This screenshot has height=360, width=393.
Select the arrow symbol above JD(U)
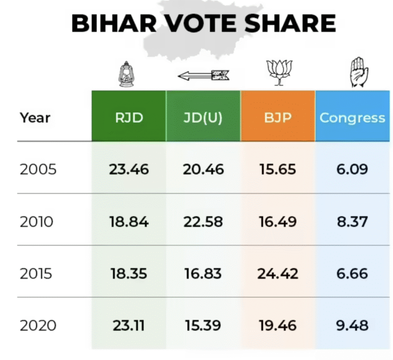coord(204,76)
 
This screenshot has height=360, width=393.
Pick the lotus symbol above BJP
coord(278,72)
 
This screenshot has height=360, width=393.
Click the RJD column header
coord(129,118)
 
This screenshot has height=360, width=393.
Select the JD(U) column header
coord(203,118)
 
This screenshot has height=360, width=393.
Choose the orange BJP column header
coord(278,118)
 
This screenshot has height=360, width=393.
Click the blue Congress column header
coord(352,118)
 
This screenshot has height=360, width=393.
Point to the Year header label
coord(35,118)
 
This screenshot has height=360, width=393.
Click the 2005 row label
coord(38,169)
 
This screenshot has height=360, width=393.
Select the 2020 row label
coord(38,325)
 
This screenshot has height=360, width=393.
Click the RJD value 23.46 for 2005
coord(129,169)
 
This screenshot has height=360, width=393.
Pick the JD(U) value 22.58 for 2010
coord(203,221)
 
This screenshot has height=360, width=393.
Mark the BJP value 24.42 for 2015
coord(278,274)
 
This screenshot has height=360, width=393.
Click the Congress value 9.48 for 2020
coord(352,325)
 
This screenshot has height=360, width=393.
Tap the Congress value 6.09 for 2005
coord(352,169)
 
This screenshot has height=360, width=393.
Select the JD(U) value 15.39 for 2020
coord(203,325)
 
